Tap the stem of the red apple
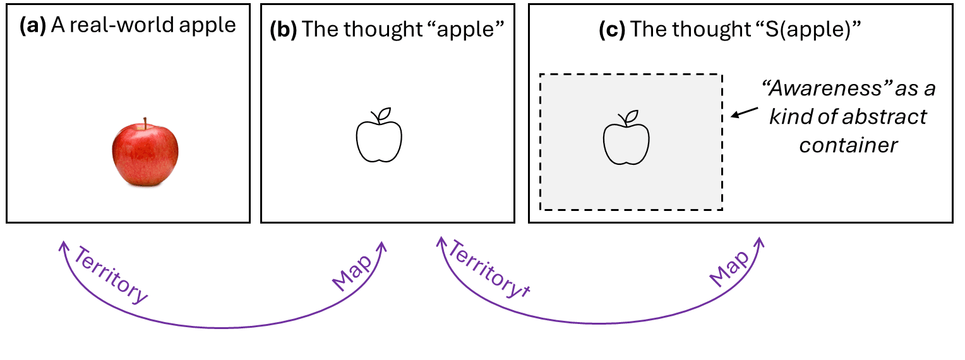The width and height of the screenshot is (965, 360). click(145, 123)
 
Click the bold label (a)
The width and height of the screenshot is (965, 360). click(32, 26)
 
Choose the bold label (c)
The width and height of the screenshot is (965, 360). click(612, 30)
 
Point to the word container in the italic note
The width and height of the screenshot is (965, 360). click(848, 145)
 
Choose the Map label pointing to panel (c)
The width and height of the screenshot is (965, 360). click(728, 268)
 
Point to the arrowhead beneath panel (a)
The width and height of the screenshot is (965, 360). click(63, 245)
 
